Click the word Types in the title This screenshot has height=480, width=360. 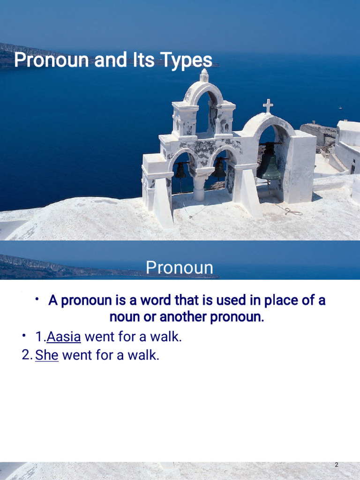pyautogui.click(x=186, y=60)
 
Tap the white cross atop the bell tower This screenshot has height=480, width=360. pyautogui.click(x=268, y=106)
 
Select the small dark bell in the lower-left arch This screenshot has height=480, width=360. pyautogui.click(x=180, y=171)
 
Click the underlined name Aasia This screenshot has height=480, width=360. pyautogui.click(x=64, y=337)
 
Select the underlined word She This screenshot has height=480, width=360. pyautogui.click(x=47, y=355)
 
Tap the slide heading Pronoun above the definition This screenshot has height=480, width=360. pyautogui.click(x=180, y=268)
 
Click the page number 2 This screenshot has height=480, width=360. pyautogui.click(x=337, y=465)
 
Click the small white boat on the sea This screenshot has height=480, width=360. pyautogui.click(x=340, y=107)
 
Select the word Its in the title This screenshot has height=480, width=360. pyautogui.click(x=143, y=60)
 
